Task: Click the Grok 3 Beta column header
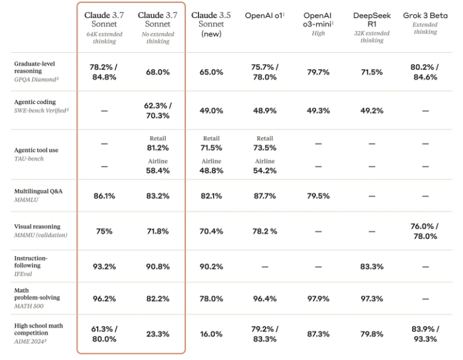pos(425,16)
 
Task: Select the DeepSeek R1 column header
pos(372,20)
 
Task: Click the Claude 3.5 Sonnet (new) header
pos(212,24)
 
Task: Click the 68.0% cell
pos(158,72)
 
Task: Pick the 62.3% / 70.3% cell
pos(158,110)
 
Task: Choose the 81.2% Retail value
pos(158,148)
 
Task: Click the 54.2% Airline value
pos(264,170)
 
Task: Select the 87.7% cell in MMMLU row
pos(264,196)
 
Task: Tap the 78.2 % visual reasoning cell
pos(264,231)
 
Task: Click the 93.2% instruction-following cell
pos(104,266)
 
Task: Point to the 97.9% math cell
pos(318,299)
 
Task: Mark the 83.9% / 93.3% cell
pos(425,334)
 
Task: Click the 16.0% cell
pos(211,334)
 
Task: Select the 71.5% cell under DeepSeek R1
pos(372,72)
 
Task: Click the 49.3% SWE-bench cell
pos(318,110)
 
